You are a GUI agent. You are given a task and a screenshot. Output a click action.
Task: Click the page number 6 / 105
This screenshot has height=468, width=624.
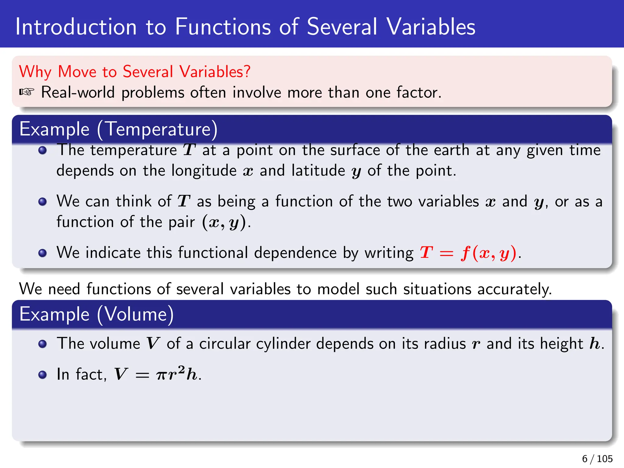tap(597, 459)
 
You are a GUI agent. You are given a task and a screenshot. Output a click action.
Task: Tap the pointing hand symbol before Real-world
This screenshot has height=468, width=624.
tap(27, 92)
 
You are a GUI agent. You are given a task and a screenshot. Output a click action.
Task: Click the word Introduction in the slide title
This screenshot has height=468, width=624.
tap(76, 27)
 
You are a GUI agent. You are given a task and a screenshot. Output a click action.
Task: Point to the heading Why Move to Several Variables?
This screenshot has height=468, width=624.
tap(135, 72)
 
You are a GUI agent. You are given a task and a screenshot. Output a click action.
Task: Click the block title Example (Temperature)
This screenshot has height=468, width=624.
tap(119, 129)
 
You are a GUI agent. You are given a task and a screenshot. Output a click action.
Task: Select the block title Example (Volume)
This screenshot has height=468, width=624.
tap(97, 314)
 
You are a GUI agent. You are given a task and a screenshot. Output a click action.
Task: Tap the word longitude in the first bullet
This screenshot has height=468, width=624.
tap(204, 171)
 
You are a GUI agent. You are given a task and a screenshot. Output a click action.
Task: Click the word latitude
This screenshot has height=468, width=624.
tap(318, 171)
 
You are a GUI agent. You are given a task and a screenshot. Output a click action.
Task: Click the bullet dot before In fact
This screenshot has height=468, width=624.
tap(43, 374)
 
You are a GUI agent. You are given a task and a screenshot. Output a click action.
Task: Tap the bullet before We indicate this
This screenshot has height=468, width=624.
tap(43, 253)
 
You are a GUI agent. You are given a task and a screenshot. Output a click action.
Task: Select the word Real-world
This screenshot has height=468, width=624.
tap(78, 92)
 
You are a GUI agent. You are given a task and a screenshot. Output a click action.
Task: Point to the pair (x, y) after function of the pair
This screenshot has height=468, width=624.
tap(224, 222)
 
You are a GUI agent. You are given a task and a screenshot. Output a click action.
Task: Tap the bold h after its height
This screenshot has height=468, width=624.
tap(594, 344)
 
